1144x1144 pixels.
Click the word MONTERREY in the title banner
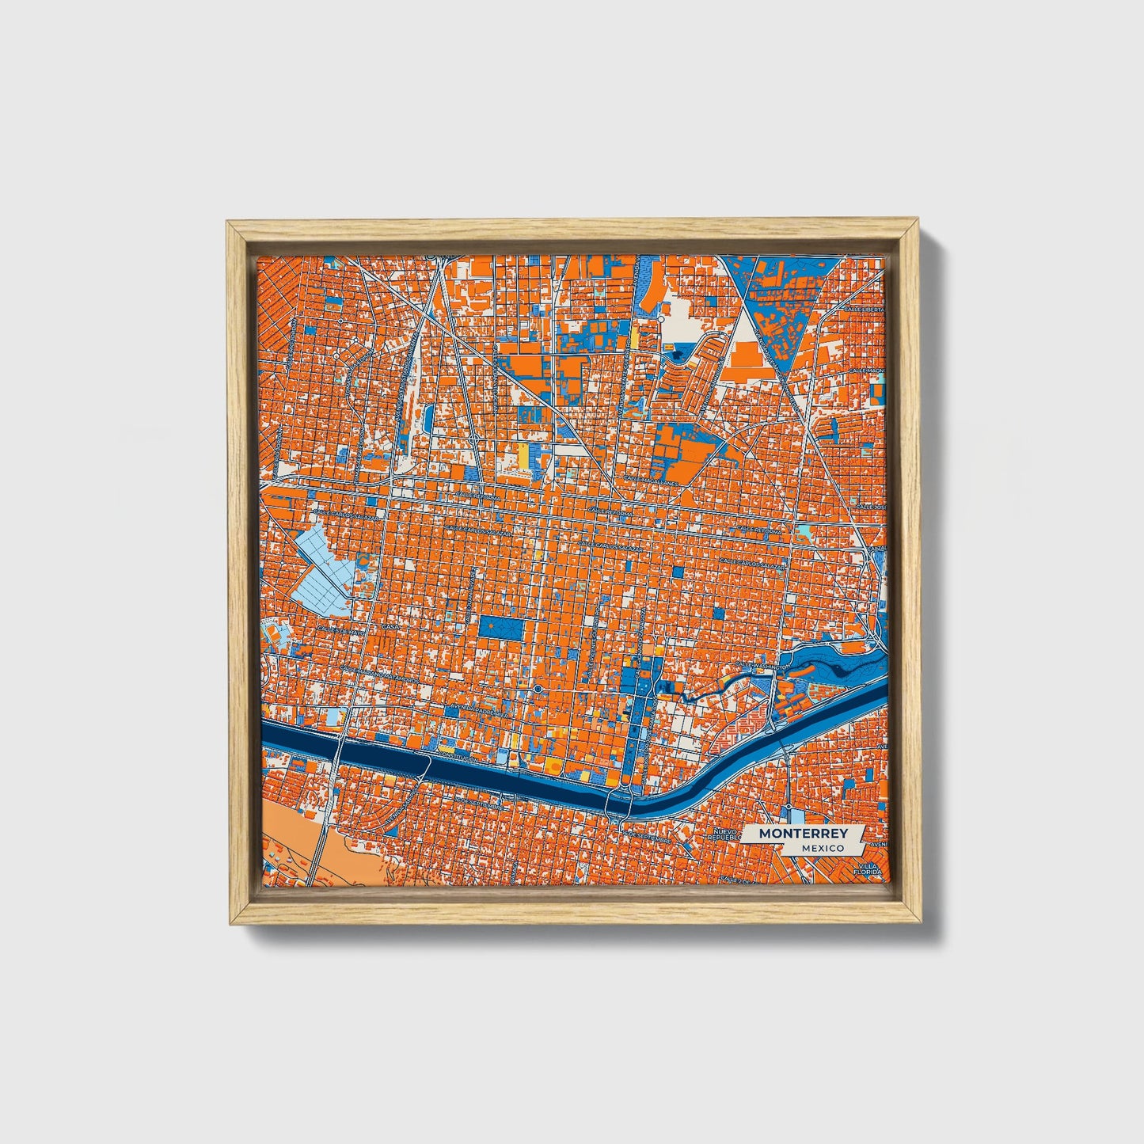pos(803,833)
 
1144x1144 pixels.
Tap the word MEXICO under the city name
pos(822,847)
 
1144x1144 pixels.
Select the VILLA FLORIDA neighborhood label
pos(870,869)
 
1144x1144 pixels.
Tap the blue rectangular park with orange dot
pos(500,627)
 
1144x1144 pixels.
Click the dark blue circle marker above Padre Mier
pos(538,690)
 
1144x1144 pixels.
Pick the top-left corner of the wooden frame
pos(231,226)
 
